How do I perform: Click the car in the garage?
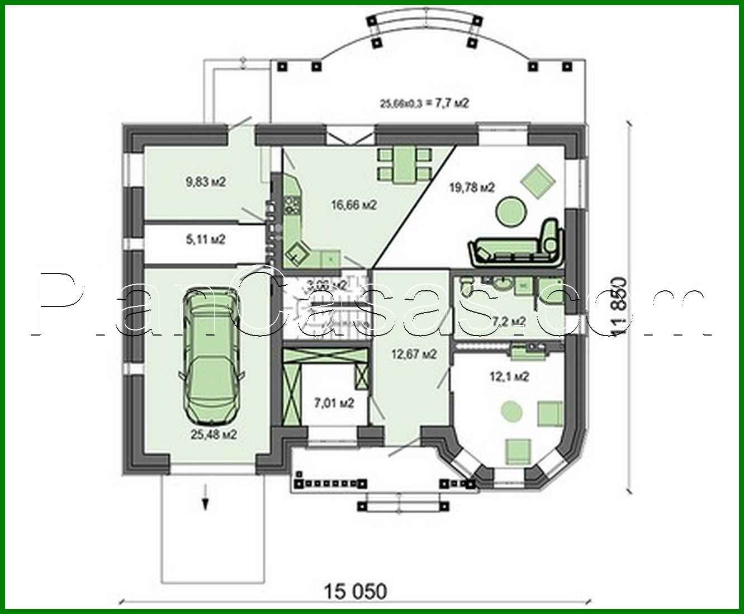point(211,358)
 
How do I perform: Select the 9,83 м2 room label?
point(205,181)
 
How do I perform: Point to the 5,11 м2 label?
point(205,240)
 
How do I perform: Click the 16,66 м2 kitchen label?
point(353,205)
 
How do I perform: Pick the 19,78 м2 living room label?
point(472,187)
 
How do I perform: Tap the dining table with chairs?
point(404,166)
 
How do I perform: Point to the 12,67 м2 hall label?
point(414,354)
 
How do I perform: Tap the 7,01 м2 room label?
point(334,403)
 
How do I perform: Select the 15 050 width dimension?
point(356,591)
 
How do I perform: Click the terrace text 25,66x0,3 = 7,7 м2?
point(424,103)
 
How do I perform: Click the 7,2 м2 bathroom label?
point(509,321)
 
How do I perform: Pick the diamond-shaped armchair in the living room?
point(537,181)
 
